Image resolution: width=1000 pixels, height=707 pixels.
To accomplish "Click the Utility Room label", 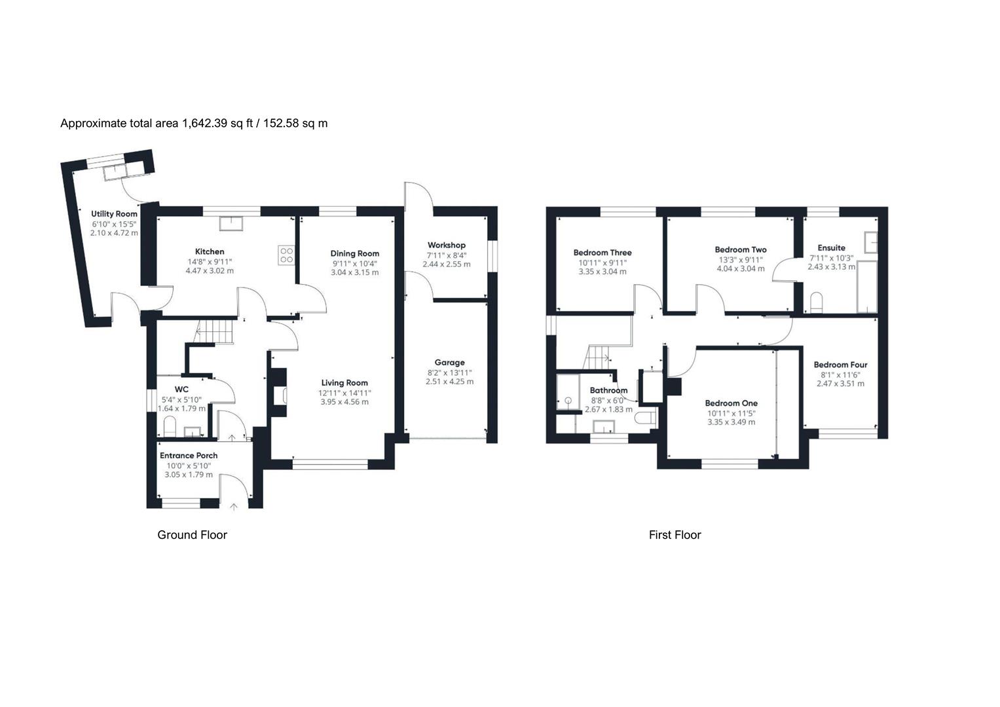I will (114, 214).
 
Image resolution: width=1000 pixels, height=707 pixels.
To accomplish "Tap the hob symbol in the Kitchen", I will (286, 255).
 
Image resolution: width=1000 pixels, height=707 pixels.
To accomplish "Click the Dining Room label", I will (354, 253).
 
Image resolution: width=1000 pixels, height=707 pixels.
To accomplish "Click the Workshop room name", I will (446, 245).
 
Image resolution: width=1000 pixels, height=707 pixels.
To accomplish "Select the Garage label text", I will (449, 363).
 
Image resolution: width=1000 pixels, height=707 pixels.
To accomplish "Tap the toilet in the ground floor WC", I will (170, 427).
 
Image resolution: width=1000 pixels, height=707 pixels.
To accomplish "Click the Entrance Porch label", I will (189, 456).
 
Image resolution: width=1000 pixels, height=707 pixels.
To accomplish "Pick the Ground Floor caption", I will (192, 535).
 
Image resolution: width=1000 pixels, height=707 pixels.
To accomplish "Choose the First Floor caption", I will (675, 535).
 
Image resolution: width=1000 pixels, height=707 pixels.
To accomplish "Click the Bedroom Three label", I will (602, 253).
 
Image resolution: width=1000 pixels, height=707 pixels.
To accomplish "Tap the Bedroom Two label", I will (740, 249).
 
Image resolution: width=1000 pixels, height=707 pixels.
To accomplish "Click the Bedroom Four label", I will (840, 365).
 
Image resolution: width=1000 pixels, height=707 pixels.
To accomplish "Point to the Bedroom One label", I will (731, 404).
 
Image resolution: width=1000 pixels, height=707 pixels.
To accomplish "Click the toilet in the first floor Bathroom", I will (647, 418).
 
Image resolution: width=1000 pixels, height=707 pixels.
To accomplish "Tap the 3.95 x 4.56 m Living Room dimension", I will (344, 402).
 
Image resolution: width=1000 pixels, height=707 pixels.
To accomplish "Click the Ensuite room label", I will (831, 248).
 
